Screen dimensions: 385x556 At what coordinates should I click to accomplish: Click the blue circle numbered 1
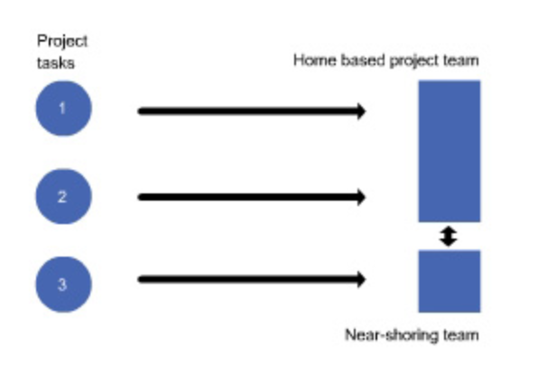click(x=62, y=109)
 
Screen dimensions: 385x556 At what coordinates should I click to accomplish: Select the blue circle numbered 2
click(x=62, y=196)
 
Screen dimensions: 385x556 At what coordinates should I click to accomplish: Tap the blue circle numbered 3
click(x=62, y=283)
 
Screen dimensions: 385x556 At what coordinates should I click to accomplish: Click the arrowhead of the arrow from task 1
click(x=360, y=111)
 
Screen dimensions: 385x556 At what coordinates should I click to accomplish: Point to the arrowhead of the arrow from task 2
click(x=360, y=197)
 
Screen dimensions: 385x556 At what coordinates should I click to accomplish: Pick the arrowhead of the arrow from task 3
click(x=360, y=280)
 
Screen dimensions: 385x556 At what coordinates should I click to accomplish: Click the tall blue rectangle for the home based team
click(x=449, y=151)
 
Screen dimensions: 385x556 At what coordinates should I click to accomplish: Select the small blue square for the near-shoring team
click(x=449, y=281)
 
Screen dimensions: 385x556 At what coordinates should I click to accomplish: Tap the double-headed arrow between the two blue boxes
click(x=449, y=237)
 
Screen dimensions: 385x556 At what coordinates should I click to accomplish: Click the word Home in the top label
click(x=310, y=61)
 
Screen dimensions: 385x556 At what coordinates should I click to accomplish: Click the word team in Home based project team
click(x=463, y=61)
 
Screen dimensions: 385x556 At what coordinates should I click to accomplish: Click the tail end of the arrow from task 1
click(x=141, y=111)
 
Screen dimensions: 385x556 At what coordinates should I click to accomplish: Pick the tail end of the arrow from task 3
click(x=141, y=280)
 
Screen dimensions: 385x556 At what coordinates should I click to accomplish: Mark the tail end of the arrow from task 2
click(x=141, y=197)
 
